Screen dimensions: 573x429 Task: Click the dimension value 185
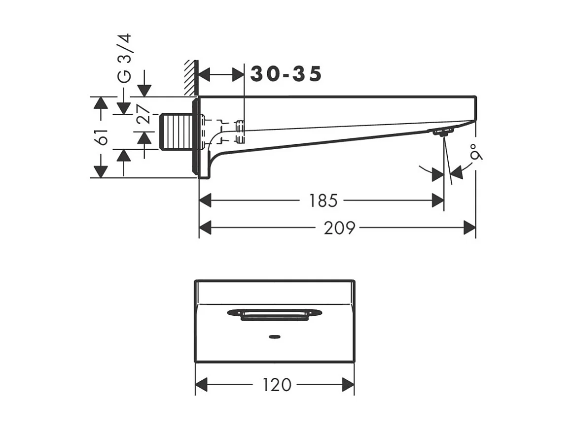[x=323, y=200]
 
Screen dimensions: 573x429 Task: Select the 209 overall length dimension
[x=339, y=228]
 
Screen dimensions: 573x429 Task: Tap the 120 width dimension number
[x=277, y=385]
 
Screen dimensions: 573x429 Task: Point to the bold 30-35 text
[x=286, y=74]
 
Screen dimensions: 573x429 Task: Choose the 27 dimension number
[x=143, y=114]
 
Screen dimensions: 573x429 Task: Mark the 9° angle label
[x=476, y=152]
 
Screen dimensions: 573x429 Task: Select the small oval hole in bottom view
[x=274, y=336]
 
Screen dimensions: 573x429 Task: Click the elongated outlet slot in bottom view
[x=275, y=314]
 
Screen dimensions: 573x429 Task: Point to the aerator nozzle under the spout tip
[x=442, y=132]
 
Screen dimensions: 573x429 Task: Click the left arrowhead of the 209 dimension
[x=205, y=228]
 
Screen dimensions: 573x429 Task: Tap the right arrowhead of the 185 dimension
[x=438, y=200]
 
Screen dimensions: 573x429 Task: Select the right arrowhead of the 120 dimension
[x=348, y=385]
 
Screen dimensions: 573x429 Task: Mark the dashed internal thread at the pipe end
[x=240, y=132]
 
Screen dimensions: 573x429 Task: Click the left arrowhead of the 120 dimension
[x=201, y=385]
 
